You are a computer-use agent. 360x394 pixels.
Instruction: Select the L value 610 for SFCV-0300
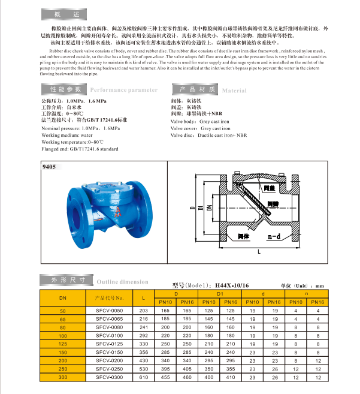click(x=143, y=378)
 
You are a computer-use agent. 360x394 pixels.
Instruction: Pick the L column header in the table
click(x=143, y=297)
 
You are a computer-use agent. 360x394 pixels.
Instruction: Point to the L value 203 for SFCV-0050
click(x=143, y=310)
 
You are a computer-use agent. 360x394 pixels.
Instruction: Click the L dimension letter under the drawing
click(x=258, y=254)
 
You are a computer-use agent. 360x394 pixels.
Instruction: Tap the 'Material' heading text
click(x=234, y=91)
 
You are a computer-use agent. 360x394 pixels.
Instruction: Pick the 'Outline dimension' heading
click(x=122, y=281)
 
